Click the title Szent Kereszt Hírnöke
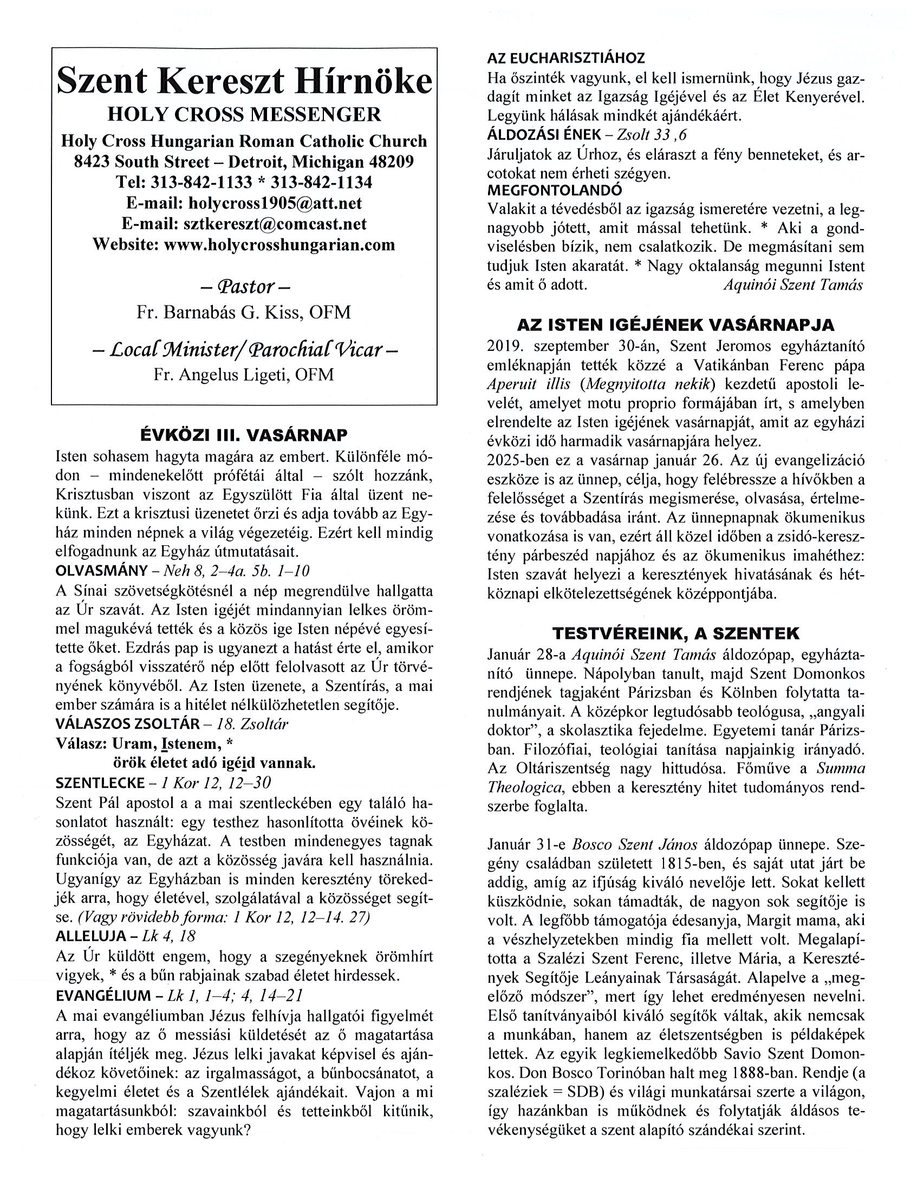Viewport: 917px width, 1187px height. pyautogui.click(x=244, y=82)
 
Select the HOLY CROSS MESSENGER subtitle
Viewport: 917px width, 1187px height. pyautogui.click(x=244, y=115)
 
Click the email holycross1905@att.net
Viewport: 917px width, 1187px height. pyautogui.click(x=275, y=203)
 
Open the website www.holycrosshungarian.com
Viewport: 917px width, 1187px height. pyautogui.click(x=279, y=245)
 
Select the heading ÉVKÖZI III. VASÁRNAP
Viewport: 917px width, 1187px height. pyautogui.click(x=244, y=435)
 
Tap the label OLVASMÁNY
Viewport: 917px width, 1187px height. pyautogui.click(x=101, y=571)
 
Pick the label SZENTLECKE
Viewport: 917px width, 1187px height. pyautogui.click(x=100, y=782)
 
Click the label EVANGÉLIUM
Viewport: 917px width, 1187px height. pyautogui.click(x=103, y=995)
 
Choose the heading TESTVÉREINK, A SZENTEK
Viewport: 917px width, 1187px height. pyautogui.click(x=675, y=634)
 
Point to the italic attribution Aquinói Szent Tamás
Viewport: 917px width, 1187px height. pyautogui.click(x=793, y=285)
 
